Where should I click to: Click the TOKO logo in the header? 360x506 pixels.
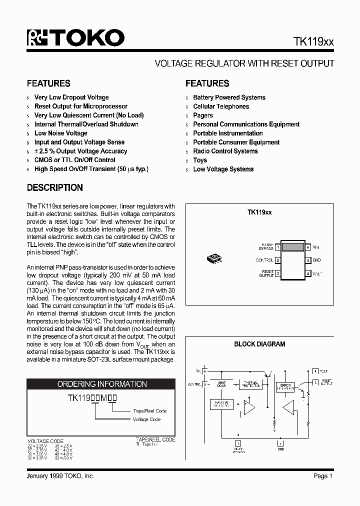pyautogui.click(x=75, y=38)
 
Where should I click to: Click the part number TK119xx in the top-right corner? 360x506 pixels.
pyautogui.click(x=313, y=42)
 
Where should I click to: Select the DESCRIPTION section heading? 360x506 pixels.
pyautogui.click(x=55, y=188)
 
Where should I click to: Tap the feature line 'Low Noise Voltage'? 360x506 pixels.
pyautogui.click(x=60, y=133)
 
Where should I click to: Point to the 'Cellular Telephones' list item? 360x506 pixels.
pyautogui.click(x=221, y=106)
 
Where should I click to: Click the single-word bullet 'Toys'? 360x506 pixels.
pyautogui.click(x=200, y=160)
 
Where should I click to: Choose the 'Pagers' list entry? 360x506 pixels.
pyautogui.click(x=203, y=115)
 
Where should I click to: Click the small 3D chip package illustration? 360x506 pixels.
pyautogui.click(x=214, y=258)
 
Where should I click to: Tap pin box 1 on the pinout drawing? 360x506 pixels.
pyautogui.click(x=277, y=247)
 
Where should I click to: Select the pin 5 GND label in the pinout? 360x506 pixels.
pyautogui.click(x=316, y=260)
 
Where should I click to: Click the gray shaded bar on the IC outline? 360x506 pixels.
pyautogui.click(x=292, y=247)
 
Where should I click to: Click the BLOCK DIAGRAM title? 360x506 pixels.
pyautogui.click(x=259, y=344)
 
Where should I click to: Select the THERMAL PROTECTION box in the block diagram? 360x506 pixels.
pyautogui.click(x=249, y=384)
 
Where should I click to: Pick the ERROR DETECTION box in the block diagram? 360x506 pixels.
pyautogui.click(x=285, y=386)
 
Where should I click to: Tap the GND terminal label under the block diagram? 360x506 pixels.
pyautogui.click(x=280, y=449)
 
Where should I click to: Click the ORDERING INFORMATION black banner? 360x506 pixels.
pyautogui.click(x=102, y=384)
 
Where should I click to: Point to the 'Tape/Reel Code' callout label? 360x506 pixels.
pyautogui.click(x=149, y=411)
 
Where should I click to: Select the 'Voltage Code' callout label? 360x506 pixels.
pyautogui.click(x=146, y=419)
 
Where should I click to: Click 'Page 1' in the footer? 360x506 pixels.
pyautogui.click(x=322, y=476)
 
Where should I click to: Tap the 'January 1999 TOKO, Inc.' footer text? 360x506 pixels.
pyautogui.click(x=60, y=476)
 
